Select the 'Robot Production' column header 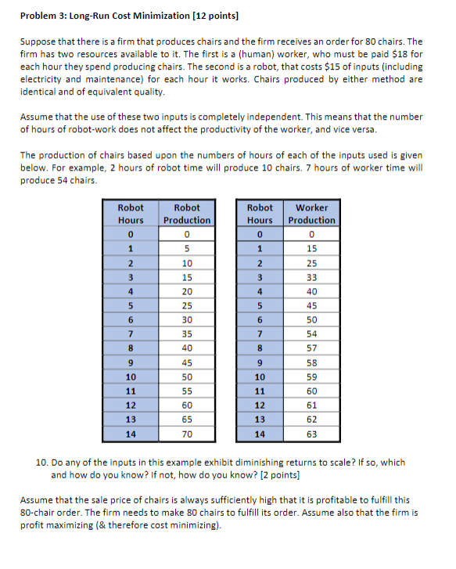[187, 214]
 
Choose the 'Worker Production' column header [312, 214]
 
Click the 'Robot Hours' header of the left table [131, 214]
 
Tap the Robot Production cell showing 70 [187, 434]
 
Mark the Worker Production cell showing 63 [312, 434]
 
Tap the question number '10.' [43, 463]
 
